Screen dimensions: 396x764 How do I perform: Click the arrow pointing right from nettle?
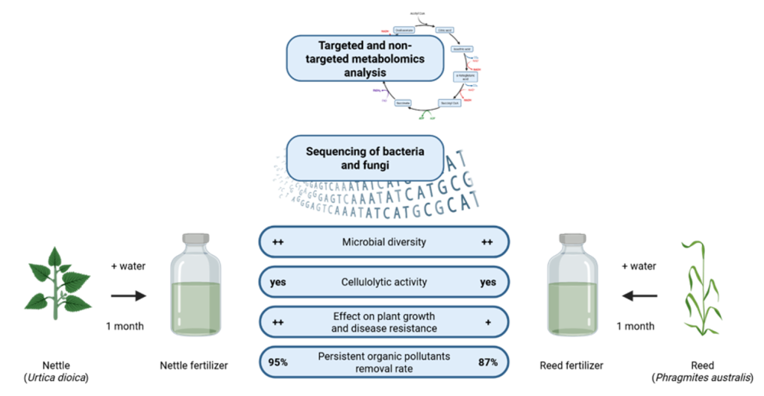pos(128,296)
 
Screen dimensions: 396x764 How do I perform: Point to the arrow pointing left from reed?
pos(641,296)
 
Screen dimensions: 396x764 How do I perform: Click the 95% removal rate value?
pos(278,362)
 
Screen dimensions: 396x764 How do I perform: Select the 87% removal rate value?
pos(488,362)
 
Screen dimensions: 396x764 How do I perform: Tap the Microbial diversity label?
pos(383,242)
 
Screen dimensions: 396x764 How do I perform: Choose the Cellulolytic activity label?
pos(383,283)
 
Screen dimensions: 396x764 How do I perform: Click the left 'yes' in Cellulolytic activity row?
pos(278,283)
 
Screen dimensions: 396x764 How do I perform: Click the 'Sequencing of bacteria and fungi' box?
pos(365,157)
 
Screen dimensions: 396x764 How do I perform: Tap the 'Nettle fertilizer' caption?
pos(195,365)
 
